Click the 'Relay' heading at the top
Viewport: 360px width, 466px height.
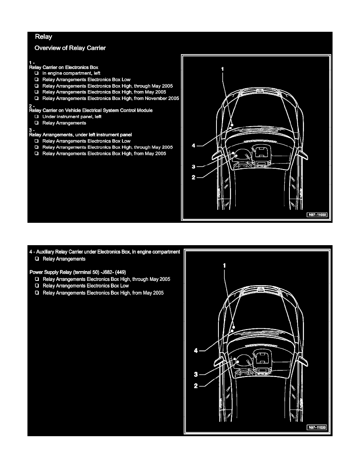click(x=44, y=37)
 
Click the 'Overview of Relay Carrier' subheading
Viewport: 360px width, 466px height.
click(x=70, y=48)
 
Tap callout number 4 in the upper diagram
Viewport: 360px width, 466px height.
click(x=193, y=146)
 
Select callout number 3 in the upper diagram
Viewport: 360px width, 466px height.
click(x=193, y=167)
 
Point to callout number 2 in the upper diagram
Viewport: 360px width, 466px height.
click(x=193, y=177)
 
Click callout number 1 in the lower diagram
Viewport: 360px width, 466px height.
click(x=224, y=265)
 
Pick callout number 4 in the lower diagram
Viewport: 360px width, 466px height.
click(x=196, y=351)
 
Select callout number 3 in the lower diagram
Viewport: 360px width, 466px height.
click(x=196, y=374)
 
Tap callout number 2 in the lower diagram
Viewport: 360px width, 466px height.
click(x=196, y=386)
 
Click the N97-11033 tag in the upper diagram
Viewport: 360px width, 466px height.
click(x=317, y=215)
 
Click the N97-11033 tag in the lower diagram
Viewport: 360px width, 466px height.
click(x=317, y=427)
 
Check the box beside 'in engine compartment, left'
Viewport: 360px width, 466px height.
click(x=36, y=73)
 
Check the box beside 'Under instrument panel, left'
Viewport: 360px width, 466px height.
click(x=36, y=117)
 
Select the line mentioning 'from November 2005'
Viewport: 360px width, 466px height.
click(x=111, y=98)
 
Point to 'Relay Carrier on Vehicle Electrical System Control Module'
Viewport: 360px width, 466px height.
click(x=91, y=111)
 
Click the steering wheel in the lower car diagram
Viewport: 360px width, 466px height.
click(x=243, y=362)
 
